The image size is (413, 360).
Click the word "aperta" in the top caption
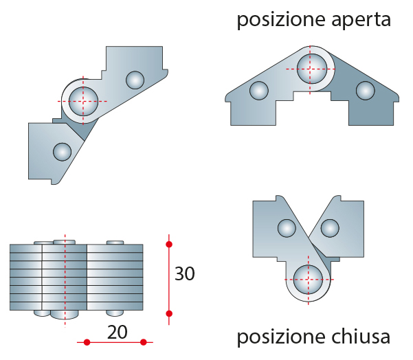361,20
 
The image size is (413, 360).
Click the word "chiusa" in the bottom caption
361,337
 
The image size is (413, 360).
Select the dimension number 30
185,273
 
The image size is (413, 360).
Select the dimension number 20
118,333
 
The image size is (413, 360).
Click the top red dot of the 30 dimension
169,245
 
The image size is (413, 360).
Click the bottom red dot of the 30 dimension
169,314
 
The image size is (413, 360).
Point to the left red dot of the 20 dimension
87,342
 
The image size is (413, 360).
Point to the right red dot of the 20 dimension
144,342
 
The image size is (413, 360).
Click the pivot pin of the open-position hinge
312,69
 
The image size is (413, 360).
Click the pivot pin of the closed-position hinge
308,280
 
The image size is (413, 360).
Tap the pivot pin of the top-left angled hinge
83,101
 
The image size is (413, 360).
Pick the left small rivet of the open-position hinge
259,91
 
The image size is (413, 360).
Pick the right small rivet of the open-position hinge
366,91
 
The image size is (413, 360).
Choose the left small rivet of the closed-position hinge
287,228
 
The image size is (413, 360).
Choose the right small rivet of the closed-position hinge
330,228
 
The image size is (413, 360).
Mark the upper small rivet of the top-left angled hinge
135,80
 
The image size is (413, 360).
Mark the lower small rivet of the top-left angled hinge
62,152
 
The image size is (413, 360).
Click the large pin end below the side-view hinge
65,315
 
